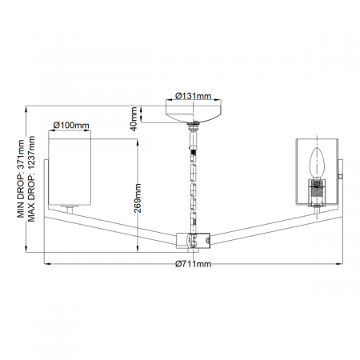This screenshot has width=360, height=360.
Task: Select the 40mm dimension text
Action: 135,118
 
